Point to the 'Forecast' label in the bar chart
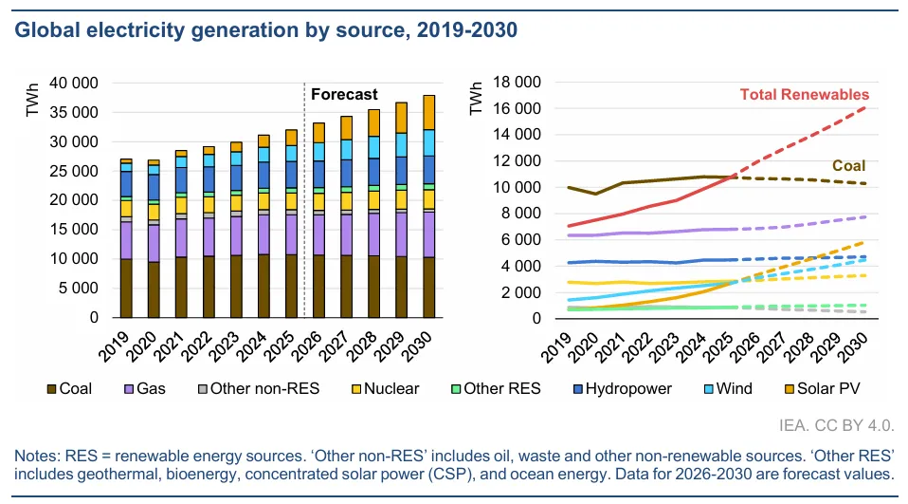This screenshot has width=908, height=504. [x=344, y=94]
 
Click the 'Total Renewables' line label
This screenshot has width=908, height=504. [x=804, y=94]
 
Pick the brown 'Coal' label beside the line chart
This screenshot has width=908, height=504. [x=848, y=166]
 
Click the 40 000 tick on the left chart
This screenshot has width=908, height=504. [x=72, y=84]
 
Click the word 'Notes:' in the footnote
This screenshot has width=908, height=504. [x=35, y=456]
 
